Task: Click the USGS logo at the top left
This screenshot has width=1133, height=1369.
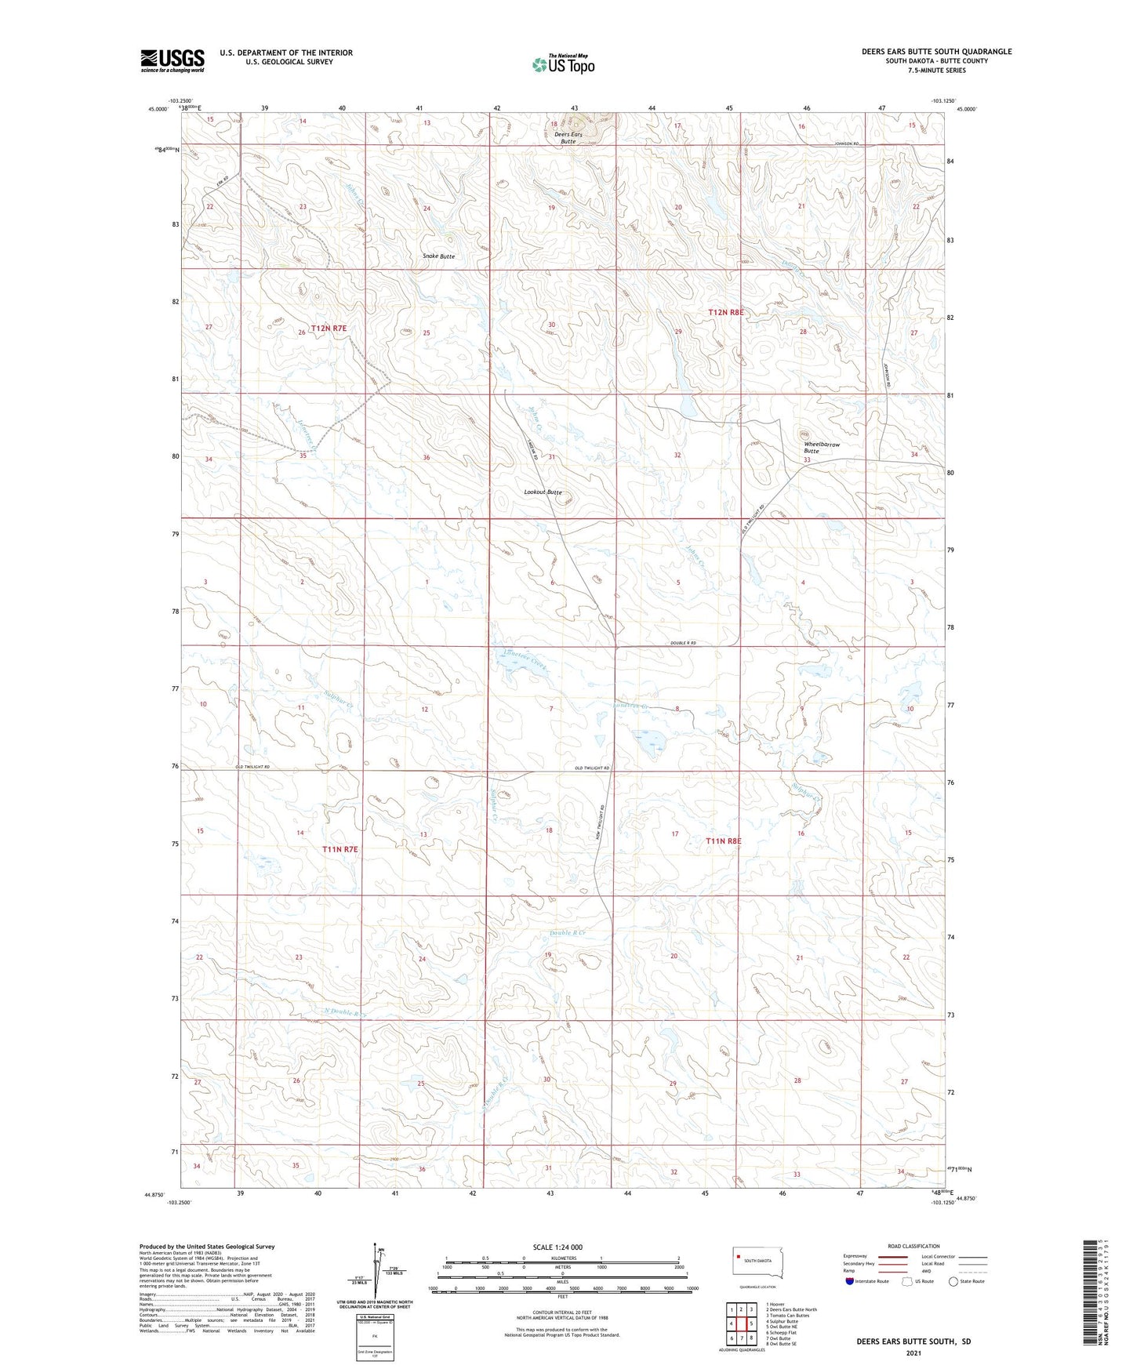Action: coord(172,60)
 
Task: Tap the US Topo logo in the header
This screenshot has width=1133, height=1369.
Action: coord(562,64)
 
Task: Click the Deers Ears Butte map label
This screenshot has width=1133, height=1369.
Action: coord(568,137)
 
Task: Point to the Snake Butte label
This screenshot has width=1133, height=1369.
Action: coord(438,256)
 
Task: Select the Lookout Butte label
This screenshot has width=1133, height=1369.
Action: coord(543,492)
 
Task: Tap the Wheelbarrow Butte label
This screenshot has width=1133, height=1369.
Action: coord(821,448)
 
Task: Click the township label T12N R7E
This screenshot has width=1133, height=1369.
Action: coord(329,329)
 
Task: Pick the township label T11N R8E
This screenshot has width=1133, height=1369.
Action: coord(723,841)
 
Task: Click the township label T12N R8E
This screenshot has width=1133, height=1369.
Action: coord(725,312)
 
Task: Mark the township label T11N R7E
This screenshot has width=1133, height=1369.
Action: coord(340,849)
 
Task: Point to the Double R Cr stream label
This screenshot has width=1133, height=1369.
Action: coord(568,933)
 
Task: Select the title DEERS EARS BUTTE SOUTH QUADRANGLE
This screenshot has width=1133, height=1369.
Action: coord(936,52)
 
